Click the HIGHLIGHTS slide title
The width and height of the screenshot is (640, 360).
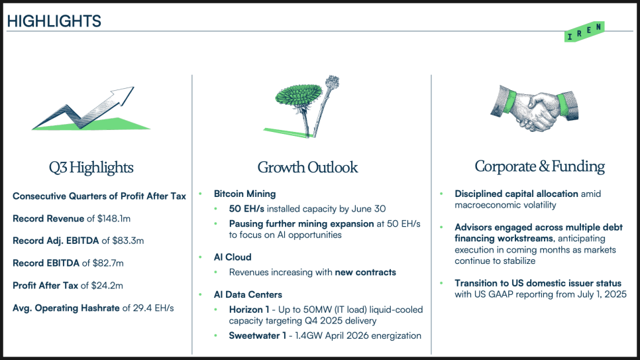click(54, 21)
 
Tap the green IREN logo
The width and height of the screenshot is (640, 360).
click(584, 32)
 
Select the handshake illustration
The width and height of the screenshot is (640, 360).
click(534, 107)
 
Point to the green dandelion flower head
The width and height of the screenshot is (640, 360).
click(298, 95)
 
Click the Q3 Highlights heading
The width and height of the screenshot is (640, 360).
click(91, 168)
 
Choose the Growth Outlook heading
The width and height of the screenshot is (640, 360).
click(307, 167)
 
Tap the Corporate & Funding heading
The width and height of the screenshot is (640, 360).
click(539, 166)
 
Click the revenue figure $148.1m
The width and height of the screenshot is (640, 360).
click(114, 219)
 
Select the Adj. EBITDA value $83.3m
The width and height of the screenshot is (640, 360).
click(128, 241)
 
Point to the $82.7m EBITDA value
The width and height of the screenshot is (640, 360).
click(108, 263)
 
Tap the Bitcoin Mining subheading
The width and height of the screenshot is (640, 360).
click(245, 194)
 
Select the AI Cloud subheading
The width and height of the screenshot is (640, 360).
click(233, 257)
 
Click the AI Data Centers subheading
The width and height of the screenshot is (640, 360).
click(248, 294)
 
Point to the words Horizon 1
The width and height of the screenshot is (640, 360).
click(249, 310)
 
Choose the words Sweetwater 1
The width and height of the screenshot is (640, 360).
click(258, 336)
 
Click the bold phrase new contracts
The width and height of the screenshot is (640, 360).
click(365, 272)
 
